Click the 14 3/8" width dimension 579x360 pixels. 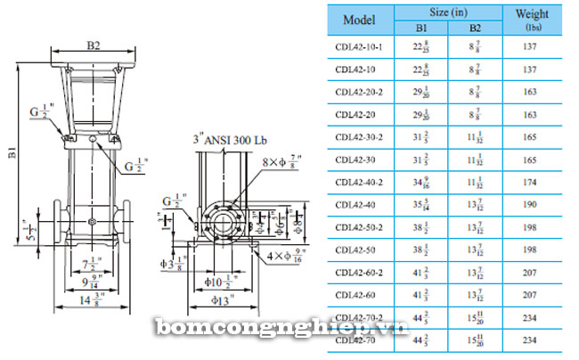89,301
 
